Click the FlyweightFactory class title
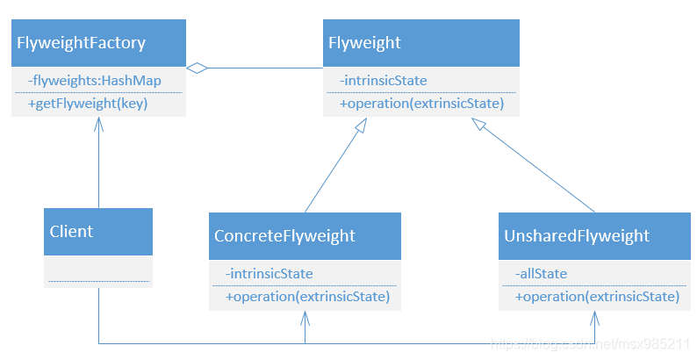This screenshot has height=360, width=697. tap(81, 43)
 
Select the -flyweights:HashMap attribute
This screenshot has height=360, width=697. tap(94, 81)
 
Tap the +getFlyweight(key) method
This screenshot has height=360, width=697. tap(88, 104)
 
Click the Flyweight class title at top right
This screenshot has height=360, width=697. tap(364, 43)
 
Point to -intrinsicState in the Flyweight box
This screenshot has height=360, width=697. tap(383, 81)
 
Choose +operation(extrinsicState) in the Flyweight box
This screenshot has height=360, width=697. tap(422, 104)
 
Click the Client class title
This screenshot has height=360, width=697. tap(71, 232)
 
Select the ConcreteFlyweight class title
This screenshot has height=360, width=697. tap(284, 236)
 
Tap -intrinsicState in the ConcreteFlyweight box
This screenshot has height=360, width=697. tap(269, 274)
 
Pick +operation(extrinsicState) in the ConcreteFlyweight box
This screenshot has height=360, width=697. tap(307, 297)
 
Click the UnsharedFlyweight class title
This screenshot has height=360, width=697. tap(577, 236)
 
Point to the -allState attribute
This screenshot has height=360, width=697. tap(541, 274)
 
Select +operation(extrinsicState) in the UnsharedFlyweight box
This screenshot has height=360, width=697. tap(598, 297)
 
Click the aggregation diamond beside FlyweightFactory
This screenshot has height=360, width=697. tap(197, 68)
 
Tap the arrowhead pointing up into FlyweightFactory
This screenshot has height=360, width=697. tap(98, 125)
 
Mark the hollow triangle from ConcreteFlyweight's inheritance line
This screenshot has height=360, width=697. tap(362, 125)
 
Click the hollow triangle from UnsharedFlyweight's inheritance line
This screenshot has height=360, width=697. tap(478, 124)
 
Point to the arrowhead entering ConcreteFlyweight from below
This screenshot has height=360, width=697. tap(305, 318)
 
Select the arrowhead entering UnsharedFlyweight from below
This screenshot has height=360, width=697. tap(595, 318)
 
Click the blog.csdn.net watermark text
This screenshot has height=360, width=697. tap(590, 343)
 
